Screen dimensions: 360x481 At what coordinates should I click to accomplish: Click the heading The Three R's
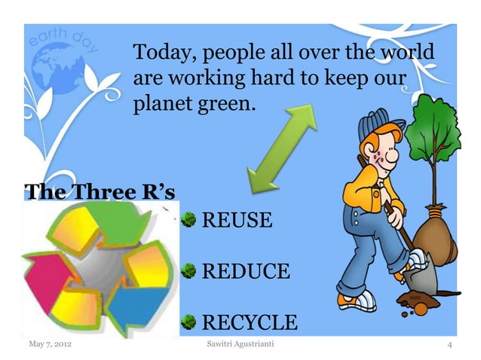coord(101,191)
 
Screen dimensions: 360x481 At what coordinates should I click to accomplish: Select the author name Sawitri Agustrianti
coord(240,345)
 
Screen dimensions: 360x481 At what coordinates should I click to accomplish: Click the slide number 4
coord(449,346)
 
